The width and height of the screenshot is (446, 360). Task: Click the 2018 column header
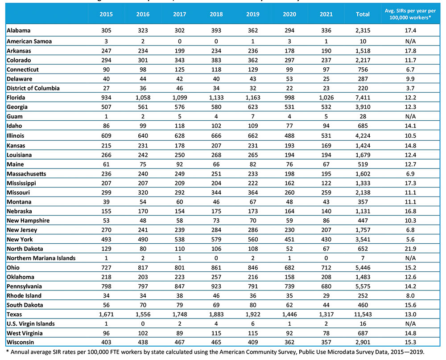[216, 14]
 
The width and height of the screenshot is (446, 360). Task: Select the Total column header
[363, 14]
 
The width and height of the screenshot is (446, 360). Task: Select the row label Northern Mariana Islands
[41, 258]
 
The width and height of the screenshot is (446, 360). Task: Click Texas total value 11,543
[363, 314]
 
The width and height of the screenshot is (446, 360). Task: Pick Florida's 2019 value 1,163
[252, 98]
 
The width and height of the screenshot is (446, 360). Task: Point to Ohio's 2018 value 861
[216, 267]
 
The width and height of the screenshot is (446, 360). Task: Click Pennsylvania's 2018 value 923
[216, 286]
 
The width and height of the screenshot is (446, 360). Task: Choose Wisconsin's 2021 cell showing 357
[326, 342]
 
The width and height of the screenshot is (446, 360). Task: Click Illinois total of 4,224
[363, 135]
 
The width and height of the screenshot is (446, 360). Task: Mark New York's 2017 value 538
[179, 239]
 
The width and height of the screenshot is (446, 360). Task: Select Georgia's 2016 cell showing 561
[143, 107]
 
